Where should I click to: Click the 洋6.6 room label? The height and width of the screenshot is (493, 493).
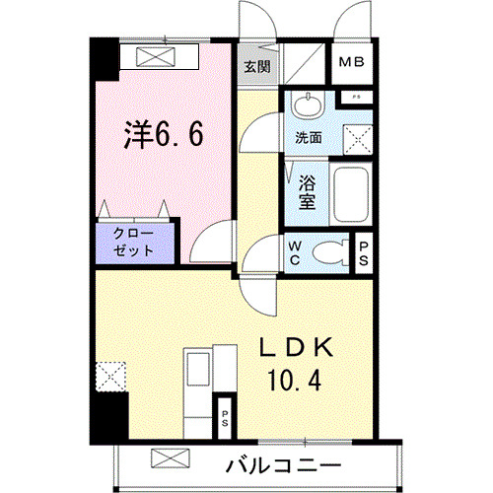[x=164, y=135]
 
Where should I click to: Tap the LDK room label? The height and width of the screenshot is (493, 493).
[x=300, y=347]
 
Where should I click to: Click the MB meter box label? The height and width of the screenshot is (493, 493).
[x=352, y=65]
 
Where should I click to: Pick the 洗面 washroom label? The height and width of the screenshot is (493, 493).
[x=309, y=139]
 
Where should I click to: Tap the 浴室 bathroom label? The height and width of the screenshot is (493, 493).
[x=307, y=191]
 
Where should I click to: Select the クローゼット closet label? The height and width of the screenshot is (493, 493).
[x=133, y=243]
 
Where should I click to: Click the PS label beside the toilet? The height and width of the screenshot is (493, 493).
[x=364, y=253]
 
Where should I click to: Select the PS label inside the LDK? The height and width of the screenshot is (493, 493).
[x=225, y=417]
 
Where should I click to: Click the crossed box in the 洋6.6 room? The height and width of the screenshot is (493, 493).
[x=158, y=57]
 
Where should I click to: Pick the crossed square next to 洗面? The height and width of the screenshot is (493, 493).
[x=355, y=139]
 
